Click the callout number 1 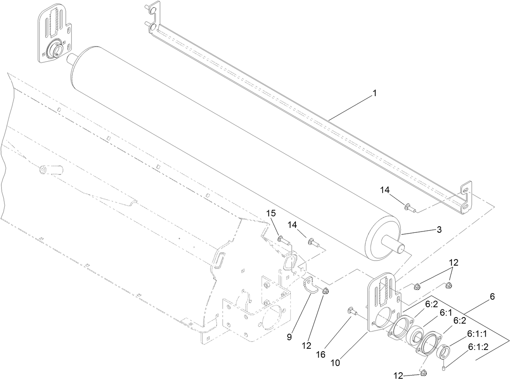(x=375, y=93)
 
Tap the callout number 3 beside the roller (x=439, y=230)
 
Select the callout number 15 (x=270, y=213)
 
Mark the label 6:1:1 (x=476, y=333)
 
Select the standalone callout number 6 (x=492, y=296)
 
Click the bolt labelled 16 (x=351, y=312)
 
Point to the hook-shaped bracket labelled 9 (x=311, y=284)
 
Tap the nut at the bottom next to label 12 (x=423, y=373)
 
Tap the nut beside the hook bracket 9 (x=326, y=291)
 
